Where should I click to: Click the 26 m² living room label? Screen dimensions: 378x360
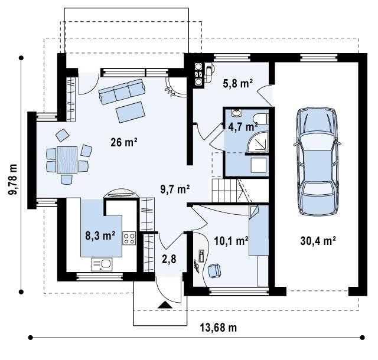pyautogui.click(x=124, y=142)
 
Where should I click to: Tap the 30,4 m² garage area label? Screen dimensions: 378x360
pyautogui.click(x=318, y=240)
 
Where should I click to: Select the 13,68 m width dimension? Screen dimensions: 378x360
pyautogui.click(x=219, y=328)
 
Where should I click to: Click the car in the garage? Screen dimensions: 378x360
pyautogui.click(x=317, y=161)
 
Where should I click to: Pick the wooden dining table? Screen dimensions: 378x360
pyautogui.click(x=67, y=160)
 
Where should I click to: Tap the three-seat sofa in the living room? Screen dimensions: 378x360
pyautogui.click(x=122, y=91)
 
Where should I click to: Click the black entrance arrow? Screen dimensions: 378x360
pyautogui.click(x=165, y=305)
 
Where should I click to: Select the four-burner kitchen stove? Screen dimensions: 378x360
pyautogui.click(x=129, y=238)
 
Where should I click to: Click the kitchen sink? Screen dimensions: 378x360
pyautogui.click(x=102, y=264)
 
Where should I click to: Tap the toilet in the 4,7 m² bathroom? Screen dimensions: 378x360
pyautogui.click(x=260, y=118)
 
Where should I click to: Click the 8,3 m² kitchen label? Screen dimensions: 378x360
pyautogui.click(x=100, y=235)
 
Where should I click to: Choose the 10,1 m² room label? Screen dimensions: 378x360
pyautogui.click(x=231, y=240)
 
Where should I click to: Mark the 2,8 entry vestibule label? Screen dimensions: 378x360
pyautogui.click(x=169, y=259)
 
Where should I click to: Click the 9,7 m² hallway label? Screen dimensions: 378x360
pyautogui.click(x=175, y=189)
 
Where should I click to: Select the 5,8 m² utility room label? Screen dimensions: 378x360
pyautogui.click(x=237, y=83)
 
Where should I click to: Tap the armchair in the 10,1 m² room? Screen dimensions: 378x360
pyautogui.click(x=214, y=271)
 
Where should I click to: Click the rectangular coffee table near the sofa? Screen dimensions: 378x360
pyautogui.click(x=130, y=112)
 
